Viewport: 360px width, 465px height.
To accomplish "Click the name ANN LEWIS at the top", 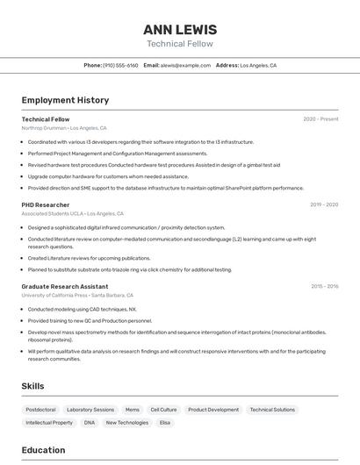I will (x=179, y=29).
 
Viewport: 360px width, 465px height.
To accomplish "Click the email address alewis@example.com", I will (x=185, y=65).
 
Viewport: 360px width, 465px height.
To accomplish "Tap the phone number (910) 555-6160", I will (x=120, y=65).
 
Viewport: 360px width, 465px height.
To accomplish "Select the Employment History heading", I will (x=65, y=100).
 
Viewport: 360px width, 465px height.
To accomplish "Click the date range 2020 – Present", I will (x=320, y=119).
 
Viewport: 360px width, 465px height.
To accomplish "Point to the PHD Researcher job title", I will (x=46, y=204).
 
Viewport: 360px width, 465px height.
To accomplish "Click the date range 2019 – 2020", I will (x=323, y=204).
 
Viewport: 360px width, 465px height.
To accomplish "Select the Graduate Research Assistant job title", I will (x=64, y=286).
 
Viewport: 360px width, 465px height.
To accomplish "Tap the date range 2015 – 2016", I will (x=324, y=286).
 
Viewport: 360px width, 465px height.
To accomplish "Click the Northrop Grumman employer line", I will (x=64, y=128).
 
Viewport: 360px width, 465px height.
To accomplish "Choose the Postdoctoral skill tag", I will (x=40, y=410).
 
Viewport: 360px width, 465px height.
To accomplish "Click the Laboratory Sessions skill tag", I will (x=90, y=410).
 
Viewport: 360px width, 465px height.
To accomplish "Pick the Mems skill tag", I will (x=132, y=410).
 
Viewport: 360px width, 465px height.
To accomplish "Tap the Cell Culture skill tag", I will (x=163, y=410).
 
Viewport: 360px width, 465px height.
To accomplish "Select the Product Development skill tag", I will (x=213, y=410).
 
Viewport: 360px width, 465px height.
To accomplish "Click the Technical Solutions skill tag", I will (x=272, y=410).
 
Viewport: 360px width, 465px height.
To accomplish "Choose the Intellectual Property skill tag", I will (x=49, y=423).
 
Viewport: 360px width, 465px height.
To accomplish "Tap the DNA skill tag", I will (x=90, y=423).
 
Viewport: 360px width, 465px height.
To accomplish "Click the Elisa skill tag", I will (x=165, y=423).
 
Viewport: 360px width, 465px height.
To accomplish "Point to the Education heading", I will (x=43, y=450).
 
